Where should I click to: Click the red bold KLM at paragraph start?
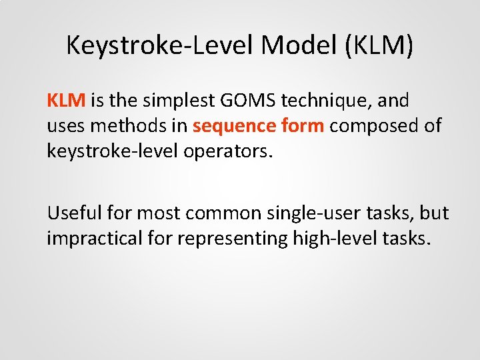pos(66,101)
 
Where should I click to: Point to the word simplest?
pos(186,101)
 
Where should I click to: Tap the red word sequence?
pos(233,126)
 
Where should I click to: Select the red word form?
pos(301,126)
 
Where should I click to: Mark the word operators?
pos(230,151)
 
